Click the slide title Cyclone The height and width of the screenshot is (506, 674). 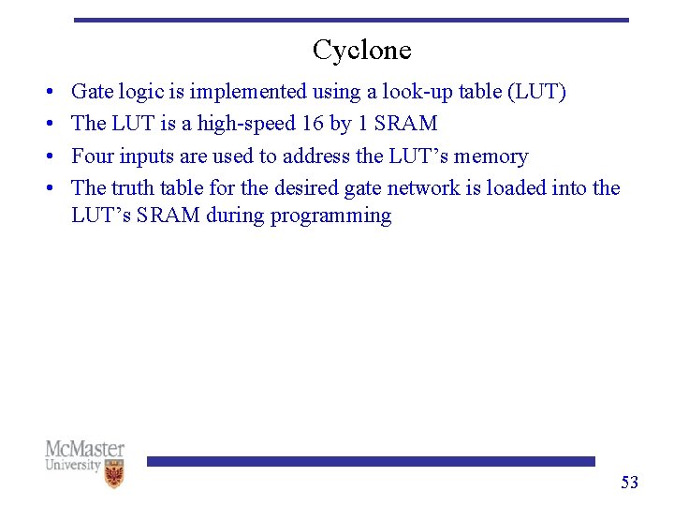click(x=361, y=50)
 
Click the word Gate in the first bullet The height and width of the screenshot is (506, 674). click(x=90, y=92)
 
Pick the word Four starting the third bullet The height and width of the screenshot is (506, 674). click(x=91, y=156)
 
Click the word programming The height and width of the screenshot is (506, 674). click(x=330, y=216)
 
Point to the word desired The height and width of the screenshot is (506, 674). click(x=307, y=188)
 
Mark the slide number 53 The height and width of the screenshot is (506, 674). click(x=629, y=483)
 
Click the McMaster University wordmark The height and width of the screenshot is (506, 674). click(x=84, y=455)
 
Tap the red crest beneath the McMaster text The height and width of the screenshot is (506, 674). click(x=113, y=476)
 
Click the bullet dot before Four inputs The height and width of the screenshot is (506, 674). click(x=47, y=157)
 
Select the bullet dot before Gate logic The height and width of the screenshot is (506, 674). click(x=47, y=93)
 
